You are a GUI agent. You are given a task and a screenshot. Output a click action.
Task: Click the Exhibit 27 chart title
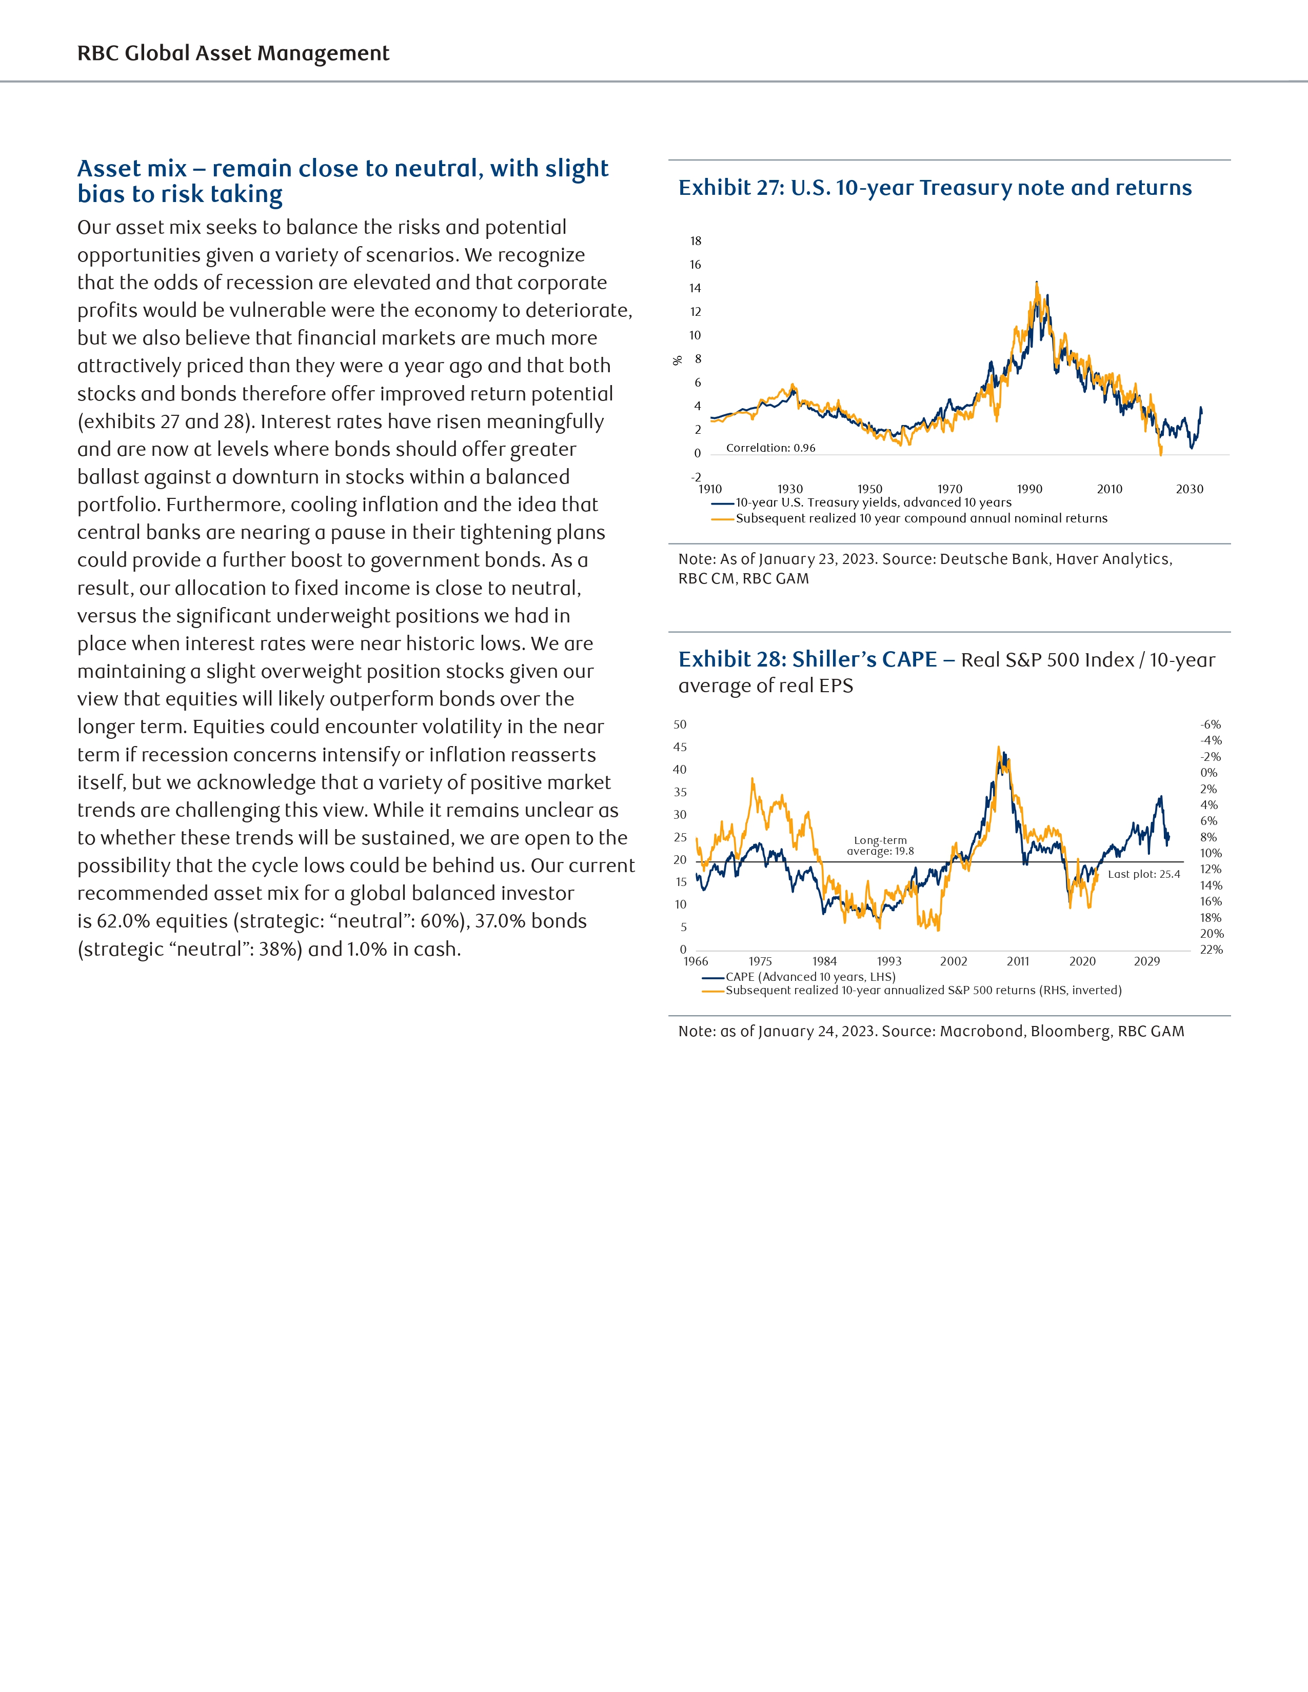click(935, 188)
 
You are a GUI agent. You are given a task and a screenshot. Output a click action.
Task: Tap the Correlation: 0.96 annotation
click(770, 448)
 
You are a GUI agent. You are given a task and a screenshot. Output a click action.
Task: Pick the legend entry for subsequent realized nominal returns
click(921, 518)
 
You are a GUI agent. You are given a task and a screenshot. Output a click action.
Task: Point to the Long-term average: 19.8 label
click(880, 845)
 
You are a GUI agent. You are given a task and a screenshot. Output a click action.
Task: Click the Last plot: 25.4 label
click(1144, 874)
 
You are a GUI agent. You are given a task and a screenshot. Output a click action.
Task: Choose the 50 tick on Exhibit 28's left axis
click(680, 724)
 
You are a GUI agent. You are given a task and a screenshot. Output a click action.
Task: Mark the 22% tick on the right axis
click(1211, 950)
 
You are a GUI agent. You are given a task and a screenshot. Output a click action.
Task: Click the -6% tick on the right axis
click(1211, 724)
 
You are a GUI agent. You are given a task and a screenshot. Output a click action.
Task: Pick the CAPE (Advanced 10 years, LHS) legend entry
click(810, 977)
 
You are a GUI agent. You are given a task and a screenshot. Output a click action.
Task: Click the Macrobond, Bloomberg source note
click(930, 1031)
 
